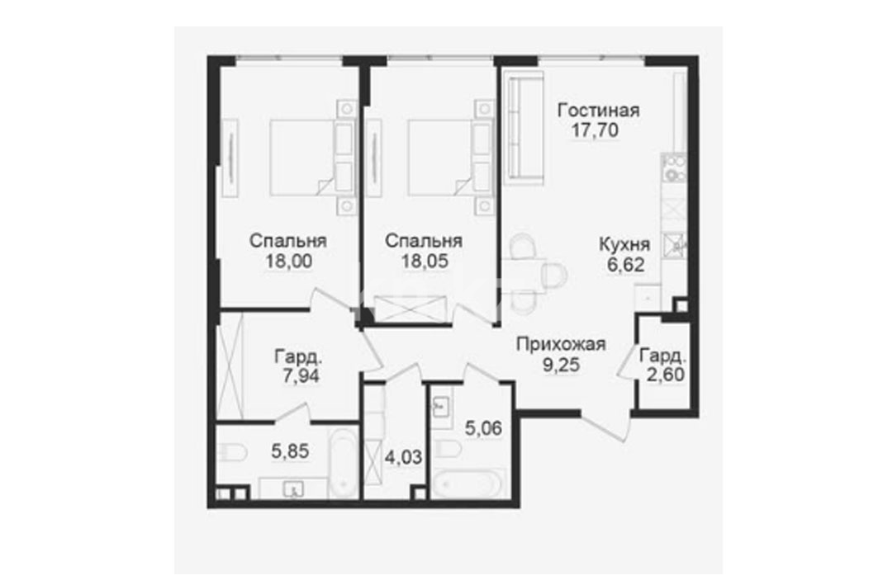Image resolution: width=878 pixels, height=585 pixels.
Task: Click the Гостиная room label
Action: coord(598,111)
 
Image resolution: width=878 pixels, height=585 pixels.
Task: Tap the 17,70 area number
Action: coord(595,130)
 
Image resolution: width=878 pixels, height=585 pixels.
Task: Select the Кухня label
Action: coord(624,245)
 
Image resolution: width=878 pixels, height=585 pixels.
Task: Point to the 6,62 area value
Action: coord(625,265)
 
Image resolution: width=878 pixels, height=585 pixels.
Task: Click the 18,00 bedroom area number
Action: coord(289,262)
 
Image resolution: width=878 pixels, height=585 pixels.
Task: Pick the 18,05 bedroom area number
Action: coord(425,262)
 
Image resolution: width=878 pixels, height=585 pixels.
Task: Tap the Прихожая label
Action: coord(561,344)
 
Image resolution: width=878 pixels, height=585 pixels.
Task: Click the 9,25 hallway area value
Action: coord(561,366)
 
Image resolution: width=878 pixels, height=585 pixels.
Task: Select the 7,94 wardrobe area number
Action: coord(301,375)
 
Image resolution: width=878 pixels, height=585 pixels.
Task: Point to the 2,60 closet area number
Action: coord(665,374)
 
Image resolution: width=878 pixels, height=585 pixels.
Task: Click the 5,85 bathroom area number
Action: coord(290,451)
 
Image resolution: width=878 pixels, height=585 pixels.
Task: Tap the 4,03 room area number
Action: coord(403,457)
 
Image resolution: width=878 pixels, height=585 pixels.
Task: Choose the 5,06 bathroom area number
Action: coord(484,428)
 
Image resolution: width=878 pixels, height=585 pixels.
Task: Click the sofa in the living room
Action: coord(524,128)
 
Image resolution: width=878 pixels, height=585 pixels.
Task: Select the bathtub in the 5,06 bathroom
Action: coord(469,484)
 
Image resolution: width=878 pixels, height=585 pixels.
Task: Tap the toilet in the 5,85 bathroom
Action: coord(232,452)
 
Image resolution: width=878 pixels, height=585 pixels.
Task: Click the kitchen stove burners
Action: coord(674,167)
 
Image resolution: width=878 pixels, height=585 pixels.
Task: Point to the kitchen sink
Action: coord(674,245)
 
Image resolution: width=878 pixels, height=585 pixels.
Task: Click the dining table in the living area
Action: coord(524,275)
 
